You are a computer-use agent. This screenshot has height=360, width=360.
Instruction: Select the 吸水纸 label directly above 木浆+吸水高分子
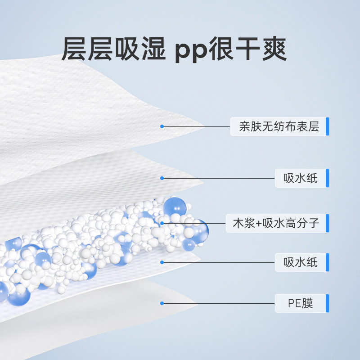click(x=301, y=179)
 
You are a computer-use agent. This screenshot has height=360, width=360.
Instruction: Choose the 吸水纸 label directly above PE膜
click(x=301, y=262)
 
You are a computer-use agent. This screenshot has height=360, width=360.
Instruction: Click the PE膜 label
click(x=301, y=303)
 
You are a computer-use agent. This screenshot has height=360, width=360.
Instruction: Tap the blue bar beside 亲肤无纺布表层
click(x=328, y=126)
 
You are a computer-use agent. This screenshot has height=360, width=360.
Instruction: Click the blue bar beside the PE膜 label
click(x=328, y=303)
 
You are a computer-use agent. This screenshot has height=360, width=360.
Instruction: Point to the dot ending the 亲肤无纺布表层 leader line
click(x=162, y=126)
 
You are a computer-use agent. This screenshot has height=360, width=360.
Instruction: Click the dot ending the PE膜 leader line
click(x=162, y=304)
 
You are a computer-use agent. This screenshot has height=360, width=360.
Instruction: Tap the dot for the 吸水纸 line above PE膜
click(x=162, y=262)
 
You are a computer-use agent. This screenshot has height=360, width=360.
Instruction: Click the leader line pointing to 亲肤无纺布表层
click(x=196, y=126)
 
